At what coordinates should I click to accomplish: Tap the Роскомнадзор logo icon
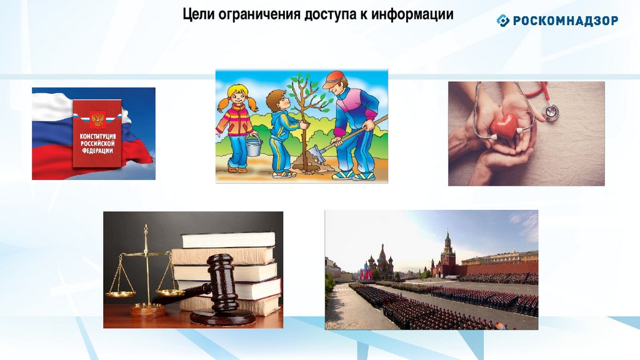coord(503,21)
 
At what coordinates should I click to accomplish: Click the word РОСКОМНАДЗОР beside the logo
coord(565,21)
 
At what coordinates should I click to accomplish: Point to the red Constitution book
coord(97,134)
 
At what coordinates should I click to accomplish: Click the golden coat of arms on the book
coord(97,119)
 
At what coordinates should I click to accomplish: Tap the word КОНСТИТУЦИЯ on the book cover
coord(97,136)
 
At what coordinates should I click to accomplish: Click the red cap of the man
coord(334,79)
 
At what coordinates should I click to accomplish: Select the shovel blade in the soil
coord(316,154)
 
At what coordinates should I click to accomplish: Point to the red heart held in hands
coord(504,126)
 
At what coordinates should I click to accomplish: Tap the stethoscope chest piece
coord(550,111)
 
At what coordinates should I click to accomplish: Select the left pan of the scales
coord(121,294)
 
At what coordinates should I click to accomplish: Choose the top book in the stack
coord(229,239)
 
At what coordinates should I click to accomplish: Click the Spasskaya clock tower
coord(447,251)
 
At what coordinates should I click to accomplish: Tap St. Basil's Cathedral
coord(381,263)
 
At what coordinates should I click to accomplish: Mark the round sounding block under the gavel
coord(223,317)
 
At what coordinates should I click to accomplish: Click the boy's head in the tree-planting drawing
coord(277,99)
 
